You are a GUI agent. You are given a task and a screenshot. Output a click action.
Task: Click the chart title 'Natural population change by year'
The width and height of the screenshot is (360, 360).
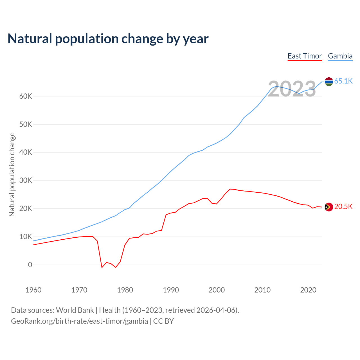(108, 39)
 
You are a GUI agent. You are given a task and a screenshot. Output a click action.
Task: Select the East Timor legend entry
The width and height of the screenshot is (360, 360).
(305, 56)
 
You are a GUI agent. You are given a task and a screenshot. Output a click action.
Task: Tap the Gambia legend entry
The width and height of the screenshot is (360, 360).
(340, 56)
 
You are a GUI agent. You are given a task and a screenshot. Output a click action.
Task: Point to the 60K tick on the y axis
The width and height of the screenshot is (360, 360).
(26, 96)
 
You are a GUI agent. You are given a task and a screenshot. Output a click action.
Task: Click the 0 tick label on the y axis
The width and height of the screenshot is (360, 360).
(30, 265)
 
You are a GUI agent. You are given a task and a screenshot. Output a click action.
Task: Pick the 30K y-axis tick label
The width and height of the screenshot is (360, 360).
(26, 180)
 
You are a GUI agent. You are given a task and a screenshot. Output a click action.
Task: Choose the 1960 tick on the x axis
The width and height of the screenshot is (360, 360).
(33, 290)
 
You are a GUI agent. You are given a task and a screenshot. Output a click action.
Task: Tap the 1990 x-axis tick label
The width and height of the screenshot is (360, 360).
(171, 290)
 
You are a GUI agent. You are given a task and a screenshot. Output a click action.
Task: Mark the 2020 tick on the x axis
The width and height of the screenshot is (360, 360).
(308, 290)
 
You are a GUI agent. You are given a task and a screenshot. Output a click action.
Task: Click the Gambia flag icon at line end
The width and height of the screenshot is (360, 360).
(329, 82)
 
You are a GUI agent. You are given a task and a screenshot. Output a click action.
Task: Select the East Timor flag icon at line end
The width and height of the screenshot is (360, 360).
(329, 207)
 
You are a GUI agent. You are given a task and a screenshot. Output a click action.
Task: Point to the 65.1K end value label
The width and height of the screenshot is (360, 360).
(343, 81)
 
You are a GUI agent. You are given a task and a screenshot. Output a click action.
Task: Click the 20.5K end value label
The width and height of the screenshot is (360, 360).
(343, 207)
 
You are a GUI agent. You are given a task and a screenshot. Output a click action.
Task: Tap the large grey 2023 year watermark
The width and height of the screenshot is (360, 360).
(292, 89)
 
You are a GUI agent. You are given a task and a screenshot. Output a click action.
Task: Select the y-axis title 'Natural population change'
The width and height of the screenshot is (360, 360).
(12, 175)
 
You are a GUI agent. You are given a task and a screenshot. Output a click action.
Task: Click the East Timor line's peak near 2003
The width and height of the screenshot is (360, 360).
(230, 189)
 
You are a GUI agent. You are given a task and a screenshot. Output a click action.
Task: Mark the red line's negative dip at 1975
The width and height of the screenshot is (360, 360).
(102, 267)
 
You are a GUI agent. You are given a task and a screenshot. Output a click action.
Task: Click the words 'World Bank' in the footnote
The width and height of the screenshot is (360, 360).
(75, 310)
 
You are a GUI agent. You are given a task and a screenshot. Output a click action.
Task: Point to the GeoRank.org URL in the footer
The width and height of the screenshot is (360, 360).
(79, 321)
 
